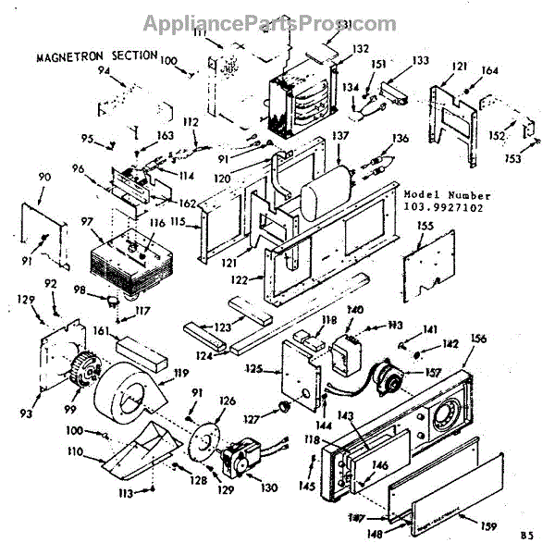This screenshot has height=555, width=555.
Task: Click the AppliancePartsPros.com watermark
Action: (x=277, y=24)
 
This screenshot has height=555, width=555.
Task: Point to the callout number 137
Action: (x=340, y=136)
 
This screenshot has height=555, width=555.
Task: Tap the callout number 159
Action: (x=488, y=526)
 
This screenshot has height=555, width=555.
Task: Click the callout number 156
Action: (x=478, y=338)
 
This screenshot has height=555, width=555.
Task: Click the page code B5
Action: (x=526, y=536)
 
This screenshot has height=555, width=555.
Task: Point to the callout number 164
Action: (x=490, y=70)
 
